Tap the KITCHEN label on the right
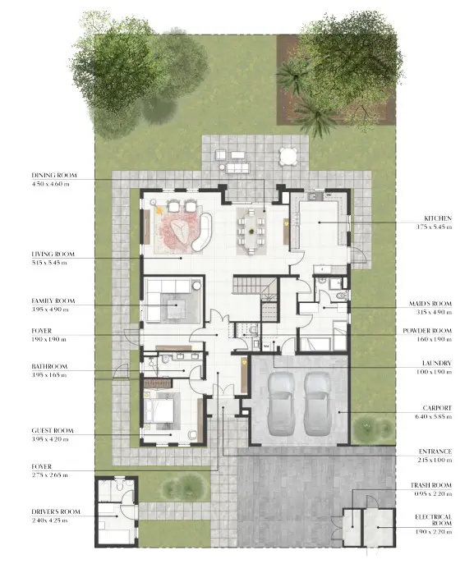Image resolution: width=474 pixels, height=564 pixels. [x=435, y=219]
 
